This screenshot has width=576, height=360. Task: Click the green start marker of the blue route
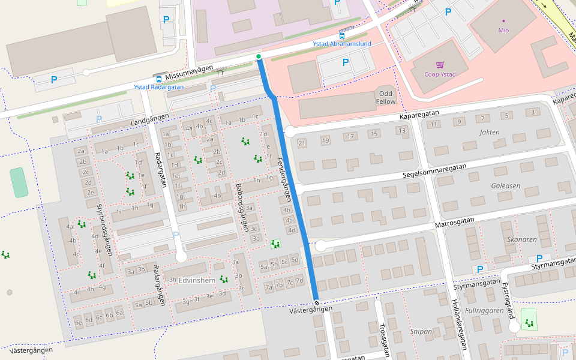click(x=259, y=57)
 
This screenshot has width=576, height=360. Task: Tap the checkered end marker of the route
click(x=316, y=302)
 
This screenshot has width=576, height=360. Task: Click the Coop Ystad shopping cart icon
click(x=440, y=65)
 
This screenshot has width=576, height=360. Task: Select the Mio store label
click(x=503, y=30)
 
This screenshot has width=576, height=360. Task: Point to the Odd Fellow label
click(x=385, y=98)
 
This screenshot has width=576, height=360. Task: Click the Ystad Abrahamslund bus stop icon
click(x=342, y=35)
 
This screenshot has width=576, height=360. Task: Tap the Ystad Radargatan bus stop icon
click(x=158, y=79)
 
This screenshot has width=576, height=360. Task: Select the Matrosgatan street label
click(x=455, y=223)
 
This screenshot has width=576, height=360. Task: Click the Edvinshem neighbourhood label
click(x=197, y=280)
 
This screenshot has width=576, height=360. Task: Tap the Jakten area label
click(x=490, y=131)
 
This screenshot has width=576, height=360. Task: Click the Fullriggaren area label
click(x=484, y=311)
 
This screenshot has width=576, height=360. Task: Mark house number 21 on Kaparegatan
click(x=302, y=143)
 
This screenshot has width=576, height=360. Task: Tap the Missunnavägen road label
click(x=190, y=73)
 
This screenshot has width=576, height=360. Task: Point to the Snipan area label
click(x=421, y=331)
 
